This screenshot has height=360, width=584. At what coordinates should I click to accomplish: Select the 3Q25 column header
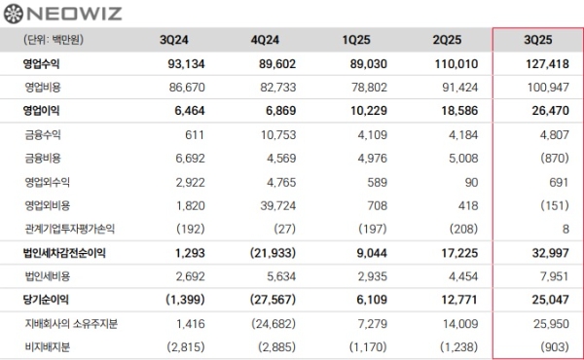538,40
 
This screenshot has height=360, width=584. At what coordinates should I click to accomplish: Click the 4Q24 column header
266,40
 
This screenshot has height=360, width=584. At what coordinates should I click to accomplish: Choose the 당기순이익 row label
48,298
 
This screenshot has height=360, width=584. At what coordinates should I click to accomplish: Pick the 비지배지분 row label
48,345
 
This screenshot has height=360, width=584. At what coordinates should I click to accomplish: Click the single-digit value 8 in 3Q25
566,229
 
